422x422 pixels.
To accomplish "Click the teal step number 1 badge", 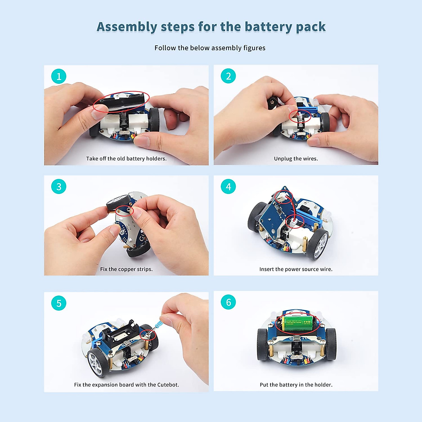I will (59, 76).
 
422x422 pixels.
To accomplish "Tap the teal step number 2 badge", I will (228, 76).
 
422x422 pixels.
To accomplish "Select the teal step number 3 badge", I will (59, 186).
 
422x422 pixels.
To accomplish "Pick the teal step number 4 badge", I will (228, 186).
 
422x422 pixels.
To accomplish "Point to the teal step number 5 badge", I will (59, 303).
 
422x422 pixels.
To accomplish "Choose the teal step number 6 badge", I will (228, 302).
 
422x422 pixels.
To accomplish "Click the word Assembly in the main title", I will (127, 27).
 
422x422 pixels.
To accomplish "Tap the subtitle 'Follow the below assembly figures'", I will (210, 48).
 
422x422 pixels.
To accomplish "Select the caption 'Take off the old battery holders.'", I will (126, 159).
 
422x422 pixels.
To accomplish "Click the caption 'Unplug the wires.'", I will (296, 159).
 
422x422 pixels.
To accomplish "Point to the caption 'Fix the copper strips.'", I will (126, 269).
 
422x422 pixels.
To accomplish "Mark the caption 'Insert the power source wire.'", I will (296, 269).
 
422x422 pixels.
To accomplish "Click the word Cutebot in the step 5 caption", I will (168, 385).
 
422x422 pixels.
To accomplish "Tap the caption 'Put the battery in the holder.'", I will (296, 385).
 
